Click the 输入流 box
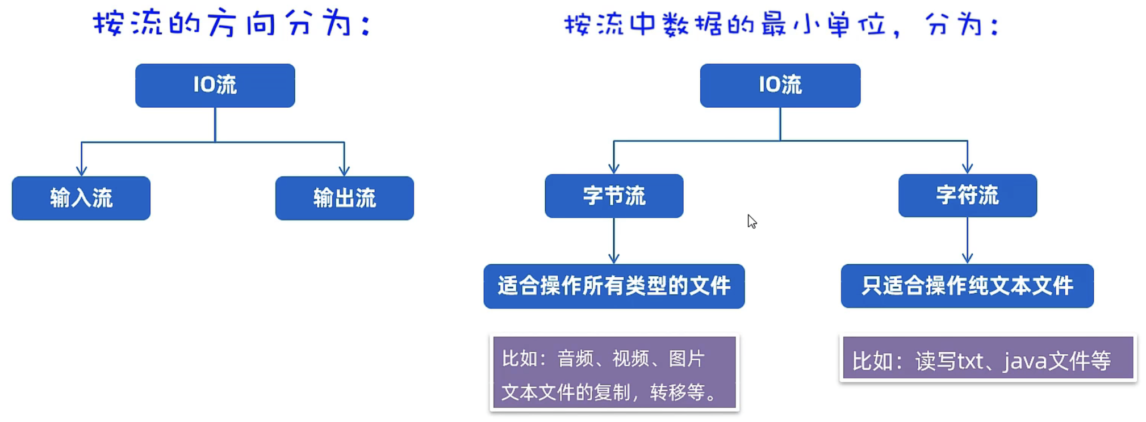(81, 198)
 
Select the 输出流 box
(344, 198)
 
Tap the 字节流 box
(614, 196)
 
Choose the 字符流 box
(967, 195)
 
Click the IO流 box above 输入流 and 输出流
(215, 85)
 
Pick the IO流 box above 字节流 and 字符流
(780, 85)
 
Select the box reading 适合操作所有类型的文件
(614, 286)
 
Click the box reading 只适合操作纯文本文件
(967, 286)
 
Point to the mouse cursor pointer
(752, 221)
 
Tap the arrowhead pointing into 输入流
(81, 171)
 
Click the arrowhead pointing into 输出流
(344, 171)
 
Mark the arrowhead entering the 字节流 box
(614, 168)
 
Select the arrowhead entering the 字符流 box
(967, 168)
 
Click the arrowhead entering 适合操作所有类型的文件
(614, 259)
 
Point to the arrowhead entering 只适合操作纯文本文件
(967, 259)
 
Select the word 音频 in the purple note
(575, 358)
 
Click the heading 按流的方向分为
(232, 24)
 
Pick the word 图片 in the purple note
(687, 358)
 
